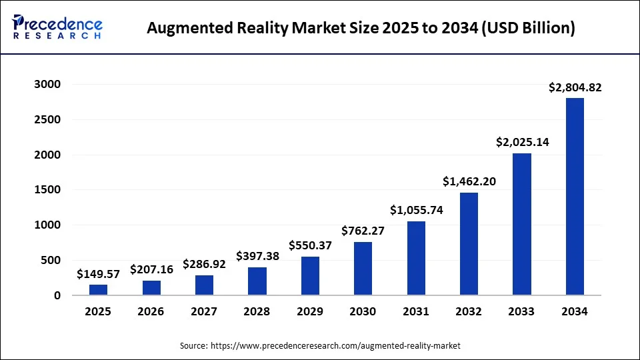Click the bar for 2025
[x=98, y=290]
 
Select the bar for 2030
[x=363, y=269]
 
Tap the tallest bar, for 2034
[x=575, y=197]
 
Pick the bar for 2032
[x=469, y=244]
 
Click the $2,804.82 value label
[x=575, y=87]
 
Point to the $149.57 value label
[x=98, y=273]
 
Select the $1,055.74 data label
[x=416, y=210]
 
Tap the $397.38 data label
[x=257, y=256]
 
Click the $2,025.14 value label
[x=522, y=142]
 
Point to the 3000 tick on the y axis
[x=47, y=85]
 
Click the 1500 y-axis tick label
[x=47, y=190]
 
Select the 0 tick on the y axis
[x=57, y=295]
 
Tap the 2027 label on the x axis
[x=204, y=311]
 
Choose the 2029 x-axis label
[x=310, y=311]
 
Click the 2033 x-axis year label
[x=522, y=311]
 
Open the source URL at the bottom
[x=335, y=346]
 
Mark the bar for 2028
[x=257, y=281]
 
